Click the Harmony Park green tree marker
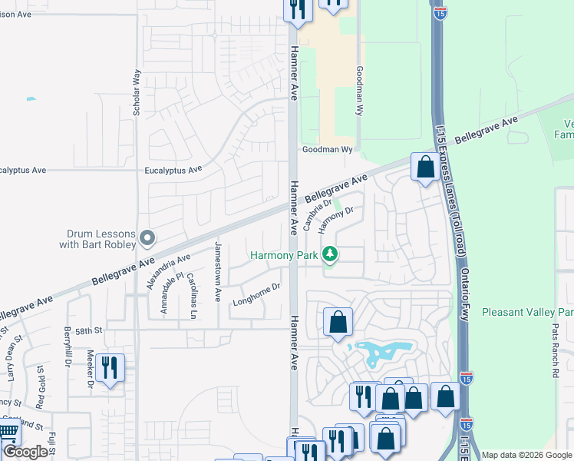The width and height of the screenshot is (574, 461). (x=330, y=254)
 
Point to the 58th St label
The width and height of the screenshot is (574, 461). (x=88, y=330)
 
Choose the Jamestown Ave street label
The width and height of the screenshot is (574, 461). (x=218, y=270)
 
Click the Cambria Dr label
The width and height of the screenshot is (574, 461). (x=316, y=215)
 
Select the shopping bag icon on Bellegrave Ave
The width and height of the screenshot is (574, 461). (x=424, y=167)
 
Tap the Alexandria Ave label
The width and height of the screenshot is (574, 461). (x=168, y=272)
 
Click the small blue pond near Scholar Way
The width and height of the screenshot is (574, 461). (x=31, y=99)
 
